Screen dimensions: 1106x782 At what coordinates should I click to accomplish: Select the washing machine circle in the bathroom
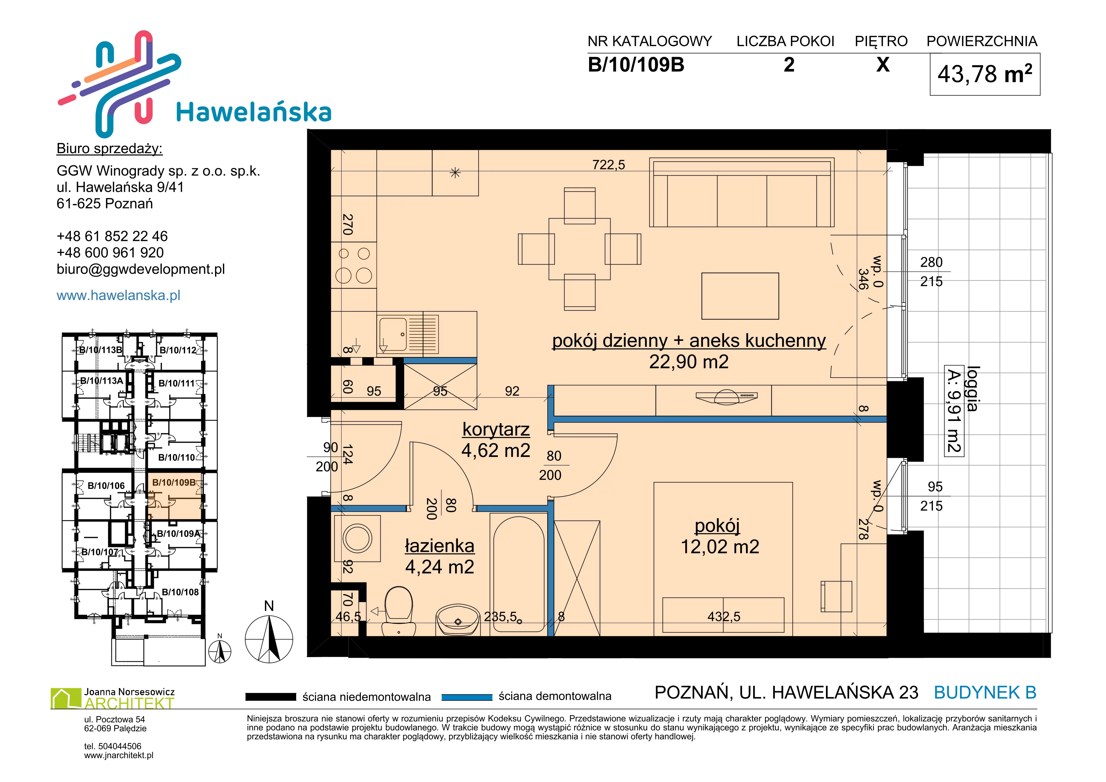(357, 538)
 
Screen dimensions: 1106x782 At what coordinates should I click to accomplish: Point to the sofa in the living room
(742, 193)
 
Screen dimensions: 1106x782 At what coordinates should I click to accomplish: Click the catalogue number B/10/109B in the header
(636, 65)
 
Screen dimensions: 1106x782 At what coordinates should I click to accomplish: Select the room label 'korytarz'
(496, 429)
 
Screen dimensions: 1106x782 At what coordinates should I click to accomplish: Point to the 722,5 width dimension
(608, 165)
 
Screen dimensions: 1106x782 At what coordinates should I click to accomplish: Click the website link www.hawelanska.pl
(119, 295)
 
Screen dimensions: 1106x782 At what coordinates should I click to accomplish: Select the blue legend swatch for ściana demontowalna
(467, 697)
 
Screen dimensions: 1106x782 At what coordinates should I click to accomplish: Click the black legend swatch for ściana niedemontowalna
(270, 697)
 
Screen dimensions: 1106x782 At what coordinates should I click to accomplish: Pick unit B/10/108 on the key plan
(180, 592)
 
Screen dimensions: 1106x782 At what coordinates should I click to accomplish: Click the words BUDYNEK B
(985, 692)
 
